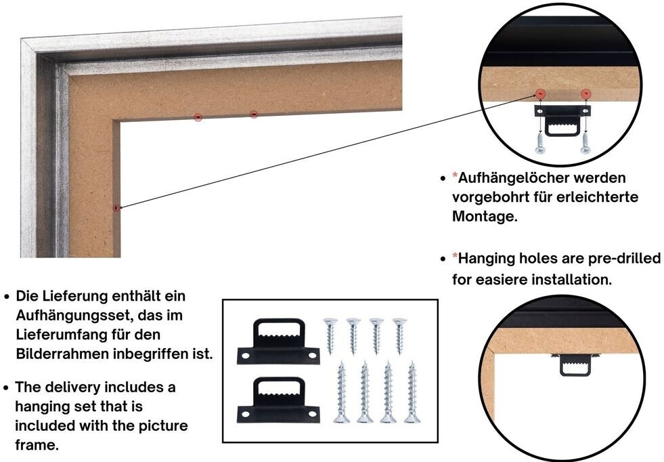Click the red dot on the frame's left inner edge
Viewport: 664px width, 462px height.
click(x=116, y=207)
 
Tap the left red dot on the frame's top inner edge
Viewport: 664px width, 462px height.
click(x=198, y=117)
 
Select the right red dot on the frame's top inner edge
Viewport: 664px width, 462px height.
click(x=254, y=114)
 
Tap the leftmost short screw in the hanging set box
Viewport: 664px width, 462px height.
click(x=330, y=335)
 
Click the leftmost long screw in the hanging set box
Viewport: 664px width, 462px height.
click(x=340, y=392)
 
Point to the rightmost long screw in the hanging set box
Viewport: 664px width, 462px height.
click(x=411, y=392)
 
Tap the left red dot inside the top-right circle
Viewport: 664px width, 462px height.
click(x=541, y=93)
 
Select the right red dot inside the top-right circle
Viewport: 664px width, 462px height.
click(x=586, y=93)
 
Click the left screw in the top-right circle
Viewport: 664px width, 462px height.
click(x=541, y=142)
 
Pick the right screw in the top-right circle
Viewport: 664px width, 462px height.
click(x=585, y=142)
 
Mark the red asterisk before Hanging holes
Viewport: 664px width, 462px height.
click(x=455, y=258)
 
